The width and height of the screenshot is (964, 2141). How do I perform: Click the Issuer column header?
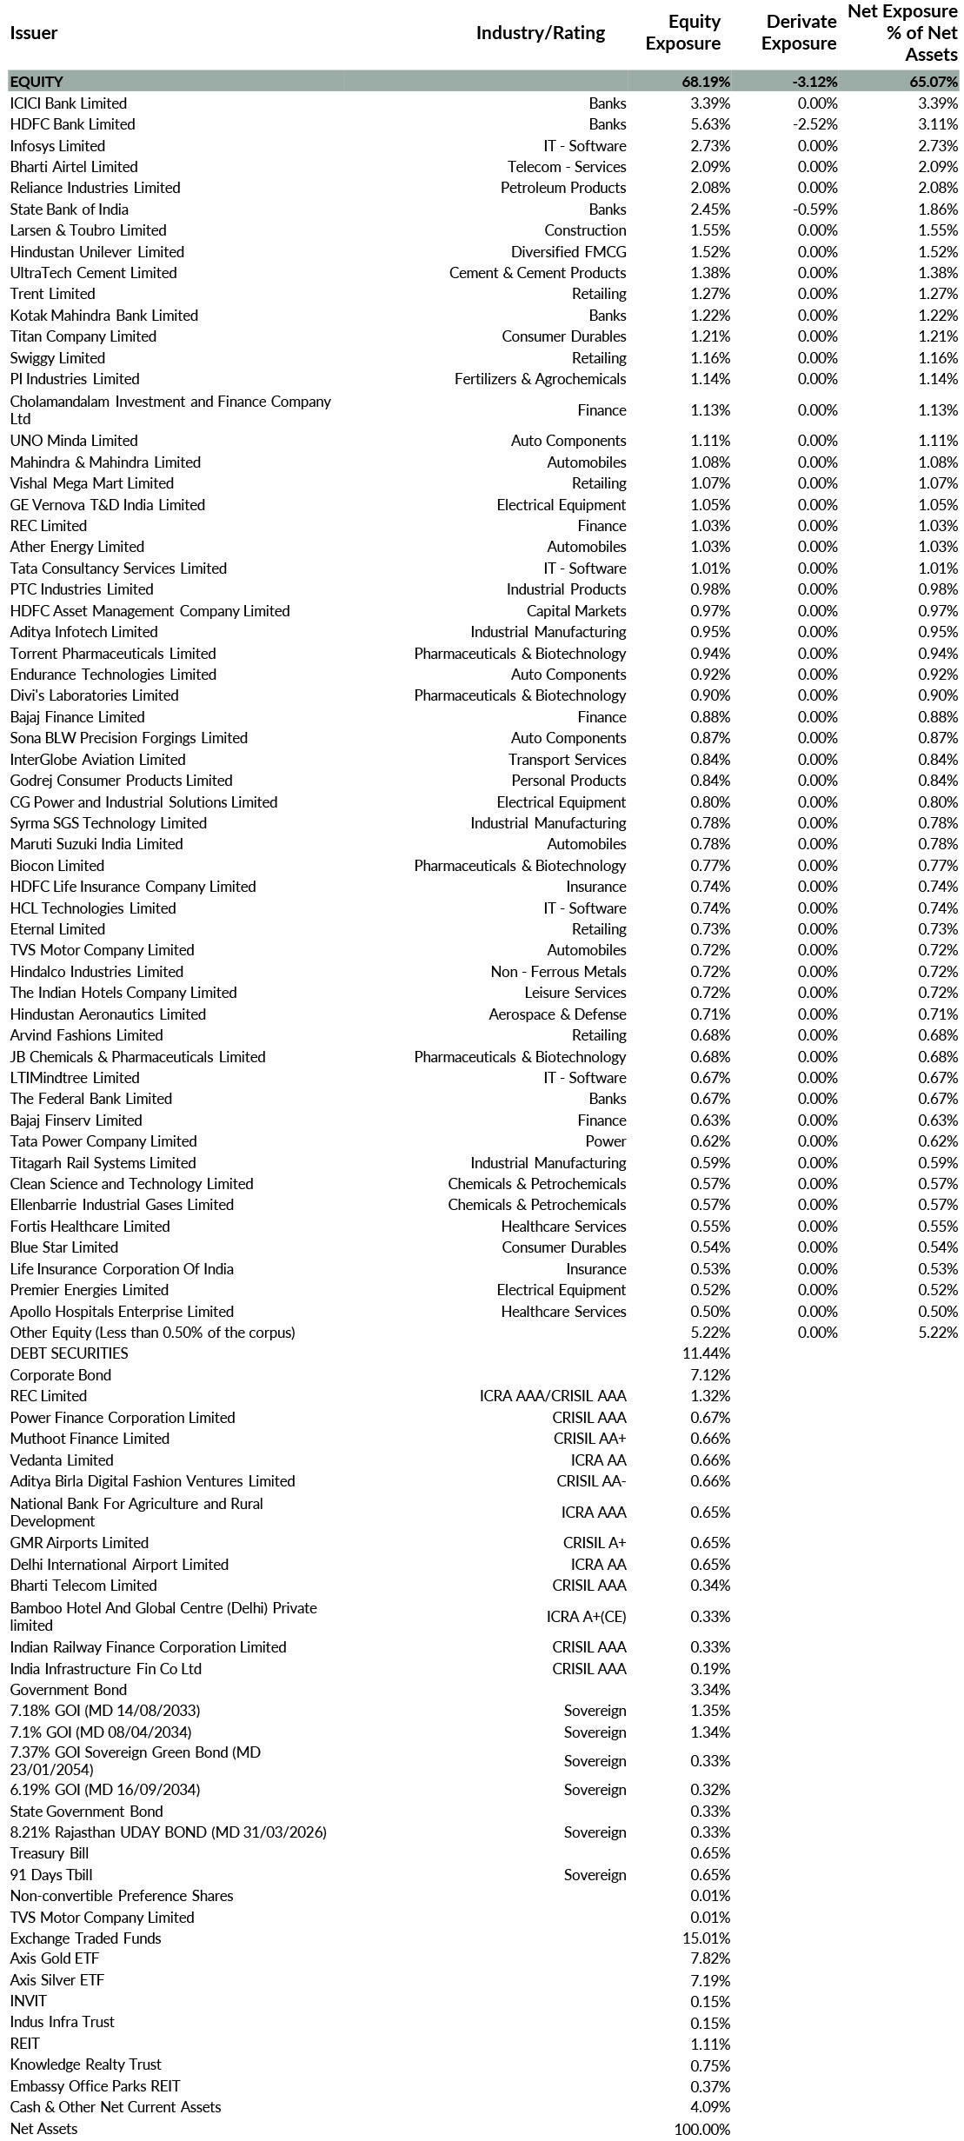point(34,33)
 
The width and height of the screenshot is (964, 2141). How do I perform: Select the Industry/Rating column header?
point(540,33)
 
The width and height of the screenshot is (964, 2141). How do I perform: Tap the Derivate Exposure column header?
point(799,33)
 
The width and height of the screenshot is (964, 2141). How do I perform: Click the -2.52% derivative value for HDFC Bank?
point(815,124)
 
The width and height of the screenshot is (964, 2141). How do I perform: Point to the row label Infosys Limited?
point(57,146)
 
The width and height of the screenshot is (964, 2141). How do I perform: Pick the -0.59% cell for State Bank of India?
point(817,209)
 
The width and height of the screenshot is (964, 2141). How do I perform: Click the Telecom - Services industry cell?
point(567,167)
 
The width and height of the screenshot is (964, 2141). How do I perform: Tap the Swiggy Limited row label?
point(57,358)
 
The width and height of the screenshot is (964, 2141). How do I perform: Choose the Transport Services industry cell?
point(567,760)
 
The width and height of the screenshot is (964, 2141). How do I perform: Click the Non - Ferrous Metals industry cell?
point(558,972)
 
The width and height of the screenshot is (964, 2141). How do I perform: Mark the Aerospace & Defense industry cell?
point(557,1014)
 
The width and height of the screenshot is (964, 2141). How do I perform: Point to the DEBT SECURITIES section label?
point(69,1353)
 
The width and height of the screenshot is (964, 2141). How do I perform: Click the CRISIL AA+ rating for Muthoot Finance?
point(589,1439)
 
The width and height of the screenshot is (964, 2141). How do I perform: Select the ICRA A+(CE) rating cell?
point(586,1617)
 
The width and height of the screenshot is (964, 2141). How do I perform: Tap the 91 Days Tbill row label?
point(51,1875)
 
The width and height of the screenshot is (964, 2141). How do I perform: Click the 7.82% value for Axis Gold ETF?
point(710,1958)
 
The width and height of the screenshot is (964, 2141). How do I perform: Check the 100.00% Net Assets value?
point(702,2129)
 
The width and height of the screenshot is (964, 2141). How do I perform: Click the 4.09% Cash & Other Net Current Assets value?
point(710,2107)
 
